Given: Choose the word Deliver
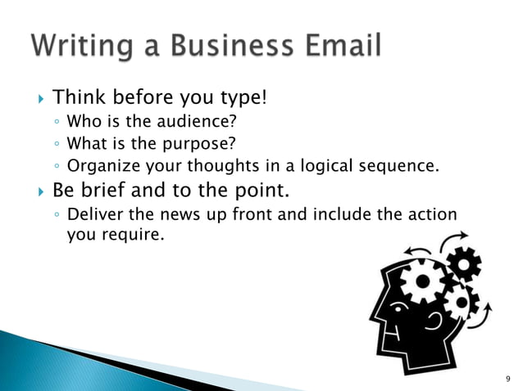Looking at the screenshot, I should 93,215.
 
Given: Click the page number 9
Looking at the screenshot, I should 507,379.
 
